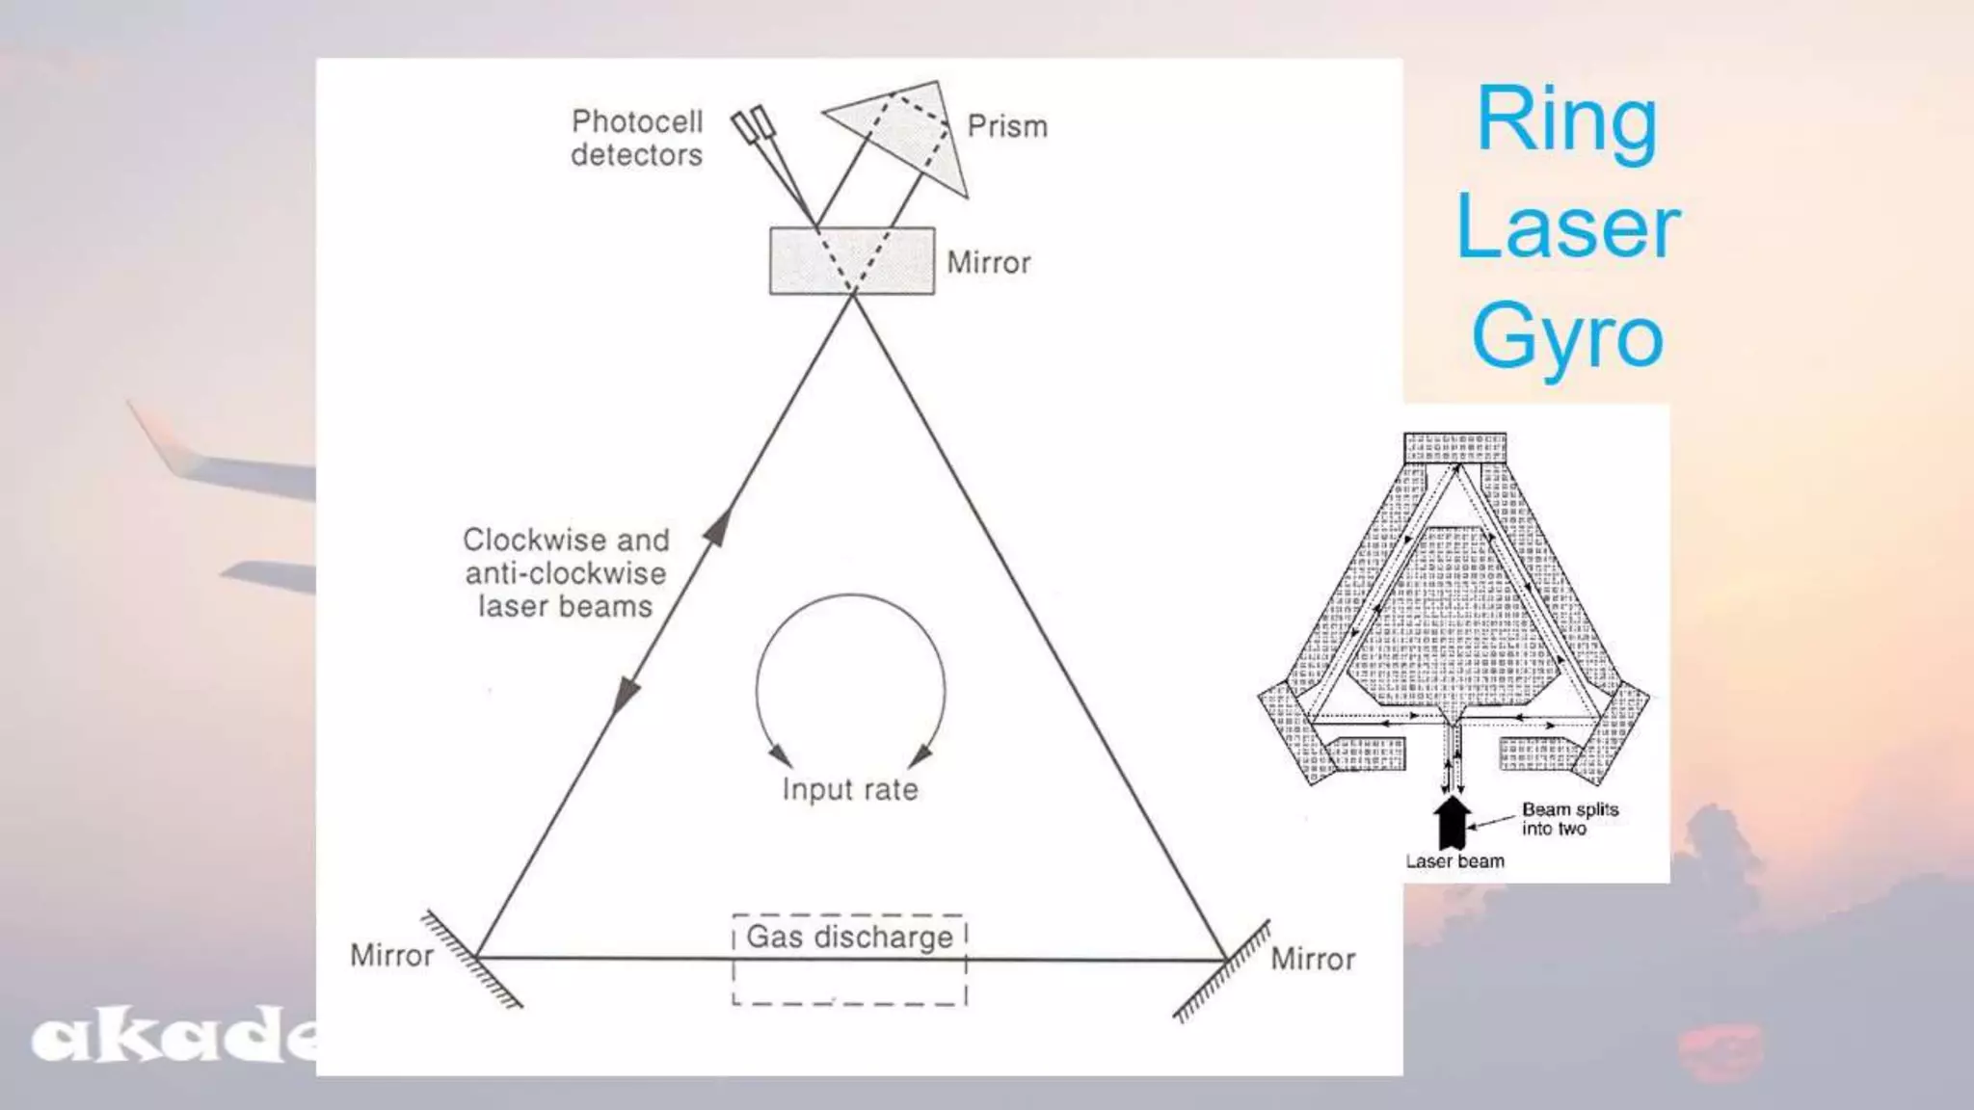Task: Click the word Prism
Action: pyautogui.click(x=1007, y=126)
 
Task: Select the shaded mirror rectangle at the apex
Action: pyautogui.click(x=852, y=260)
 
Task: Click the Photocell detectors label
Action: pyautogui.click(x=637, y=138)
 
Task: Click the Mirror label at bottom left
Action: pyautogui.click(x=391, y=955)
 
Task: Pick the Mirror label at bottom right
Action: pyautogui.click(x=1313, y=959)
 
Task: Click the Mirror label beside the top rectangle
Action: pyautogui.click(x=989, y=262)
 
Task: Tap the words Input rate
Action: pyautogui.click(x=850, y=789)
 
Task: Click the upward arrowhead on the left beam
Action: pyautogui.click(x=718, y=528)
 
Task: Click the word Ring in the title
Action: pyautogui.click(x=1567, y=123)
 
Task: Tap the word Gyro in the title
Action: pyautogui.click(x=1567, y=337)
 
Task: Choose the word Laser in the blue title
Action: pyautogui.click(x=1568, y=227)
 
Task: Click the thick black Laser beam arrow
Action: pyautogui.click(x=1453, y=822)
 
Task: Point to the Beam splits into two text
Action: pyautogui.click(x=1570, y=819)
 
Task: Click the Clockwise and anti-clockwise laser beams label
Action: pyautogui.click(x=566, y=572)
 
